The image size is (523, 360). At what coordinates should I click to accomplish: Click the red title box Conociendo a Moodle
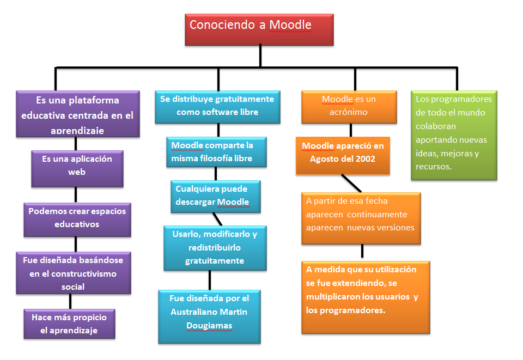(259, 29)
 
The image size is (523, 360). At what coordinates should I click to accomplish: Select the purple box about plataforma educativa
(77, 113)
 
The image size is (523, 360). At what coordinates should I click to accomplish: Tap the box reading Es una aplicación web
(77, 168)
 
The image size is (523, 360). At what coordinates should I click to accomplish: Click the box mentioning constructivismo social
(73, 272)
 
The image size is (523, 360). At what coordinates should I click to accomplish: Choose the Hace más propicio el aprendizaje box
(69, 324)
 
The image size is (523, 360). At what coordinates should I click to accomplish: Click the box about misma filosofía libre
(217, 152)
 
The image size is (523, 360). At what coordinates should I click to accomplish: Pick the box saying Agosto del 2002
(343, 155)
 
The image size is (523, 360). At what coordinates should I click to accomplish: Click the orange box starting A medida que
(365, 297)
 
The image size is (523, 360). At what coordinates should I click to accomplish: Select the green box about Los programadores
(453, 134)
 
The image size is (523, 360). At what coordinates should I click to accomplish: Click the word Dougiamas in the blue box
(201, 326)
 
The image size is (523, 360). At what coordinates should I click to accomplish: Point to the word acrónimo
(348, 112)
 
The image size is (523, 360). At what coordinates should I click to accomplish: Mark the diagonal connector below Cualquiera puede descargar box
(218, 218)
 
